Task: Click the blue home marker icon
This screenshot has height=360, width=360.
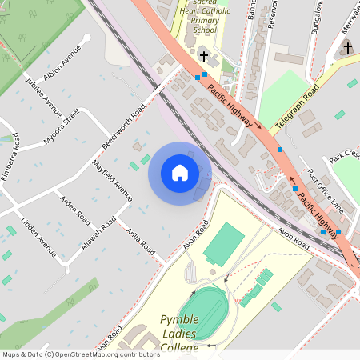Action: (180, 173)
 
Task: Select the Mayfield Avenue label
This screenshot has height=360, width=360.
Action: (112, 179)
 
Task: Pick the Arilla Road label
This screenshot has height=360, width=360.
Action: (141, 238)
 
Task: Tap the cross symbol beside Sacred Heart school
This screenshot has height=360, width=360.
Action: (204, 56)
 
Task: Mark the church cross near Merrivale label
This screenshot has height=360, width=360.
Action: (347, 49)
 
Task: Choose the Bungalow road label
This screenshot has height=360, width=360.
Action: (318, 18)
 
